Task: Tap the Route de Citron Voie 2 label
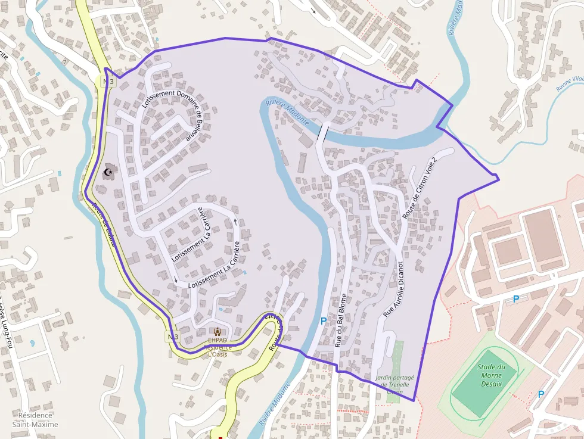coord(420,189)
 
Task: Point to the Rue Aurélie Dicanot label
coord(394,288)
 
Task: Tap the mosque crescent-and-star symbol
coord(108,173)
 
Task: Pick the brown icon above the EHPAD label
coord(218,332)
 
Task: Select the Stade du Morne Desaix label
coord(492,375)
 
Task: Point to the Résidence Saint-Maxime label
coord(38,419)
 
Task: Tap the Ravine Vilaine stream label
coord(570,83)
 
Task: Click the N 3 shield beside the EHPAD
coord(172,337)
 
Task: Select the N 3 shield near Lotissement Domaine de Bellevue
coord(107,82)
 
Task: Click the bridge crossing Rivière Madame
coord(322,132)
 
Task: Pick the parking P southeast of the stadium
coord(541,394)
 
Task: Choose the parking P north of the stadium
coord(516,299)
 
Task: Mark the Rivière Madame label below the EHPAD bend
coord(275,404)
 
